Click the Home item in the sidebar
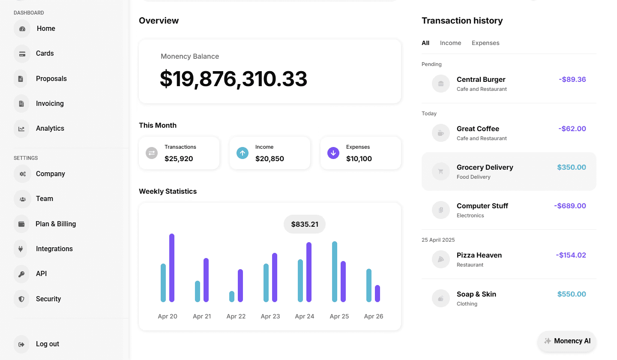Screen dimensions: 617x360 46,28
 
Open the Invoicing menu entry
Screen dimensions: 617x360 50,103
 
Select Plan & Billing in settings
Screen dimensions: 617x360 56,224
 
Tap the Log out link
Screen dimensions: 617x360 48,344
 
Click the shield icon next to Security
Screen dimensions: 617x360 21,299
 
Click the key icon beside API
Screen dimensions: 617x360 21,274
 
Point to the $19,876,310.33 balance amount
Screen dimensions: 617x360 233,79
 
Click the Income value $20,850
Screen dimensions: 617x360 270,159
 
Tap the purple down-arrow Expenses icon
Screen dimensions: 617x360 333,153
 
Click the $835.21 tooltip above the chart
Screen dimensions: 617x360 305,224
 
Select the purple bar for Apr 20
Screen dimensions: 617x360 172,268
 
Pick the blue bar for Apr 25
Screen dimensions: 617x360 335,272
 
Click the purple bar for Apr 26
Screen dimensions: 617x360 377,294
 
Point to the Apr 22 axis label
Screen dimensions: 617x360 236,316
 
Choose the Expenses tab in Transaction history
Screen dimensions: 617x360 485,43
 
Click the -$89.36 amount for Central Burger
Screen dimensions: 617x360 572,79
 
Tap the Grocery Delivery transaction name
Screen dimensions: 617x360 485,167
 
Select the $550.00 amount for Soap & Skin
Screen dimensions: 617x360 572,294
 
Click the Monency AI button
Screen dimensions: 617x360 567,341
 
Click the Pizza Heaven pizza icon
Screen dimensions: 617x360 441,259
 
